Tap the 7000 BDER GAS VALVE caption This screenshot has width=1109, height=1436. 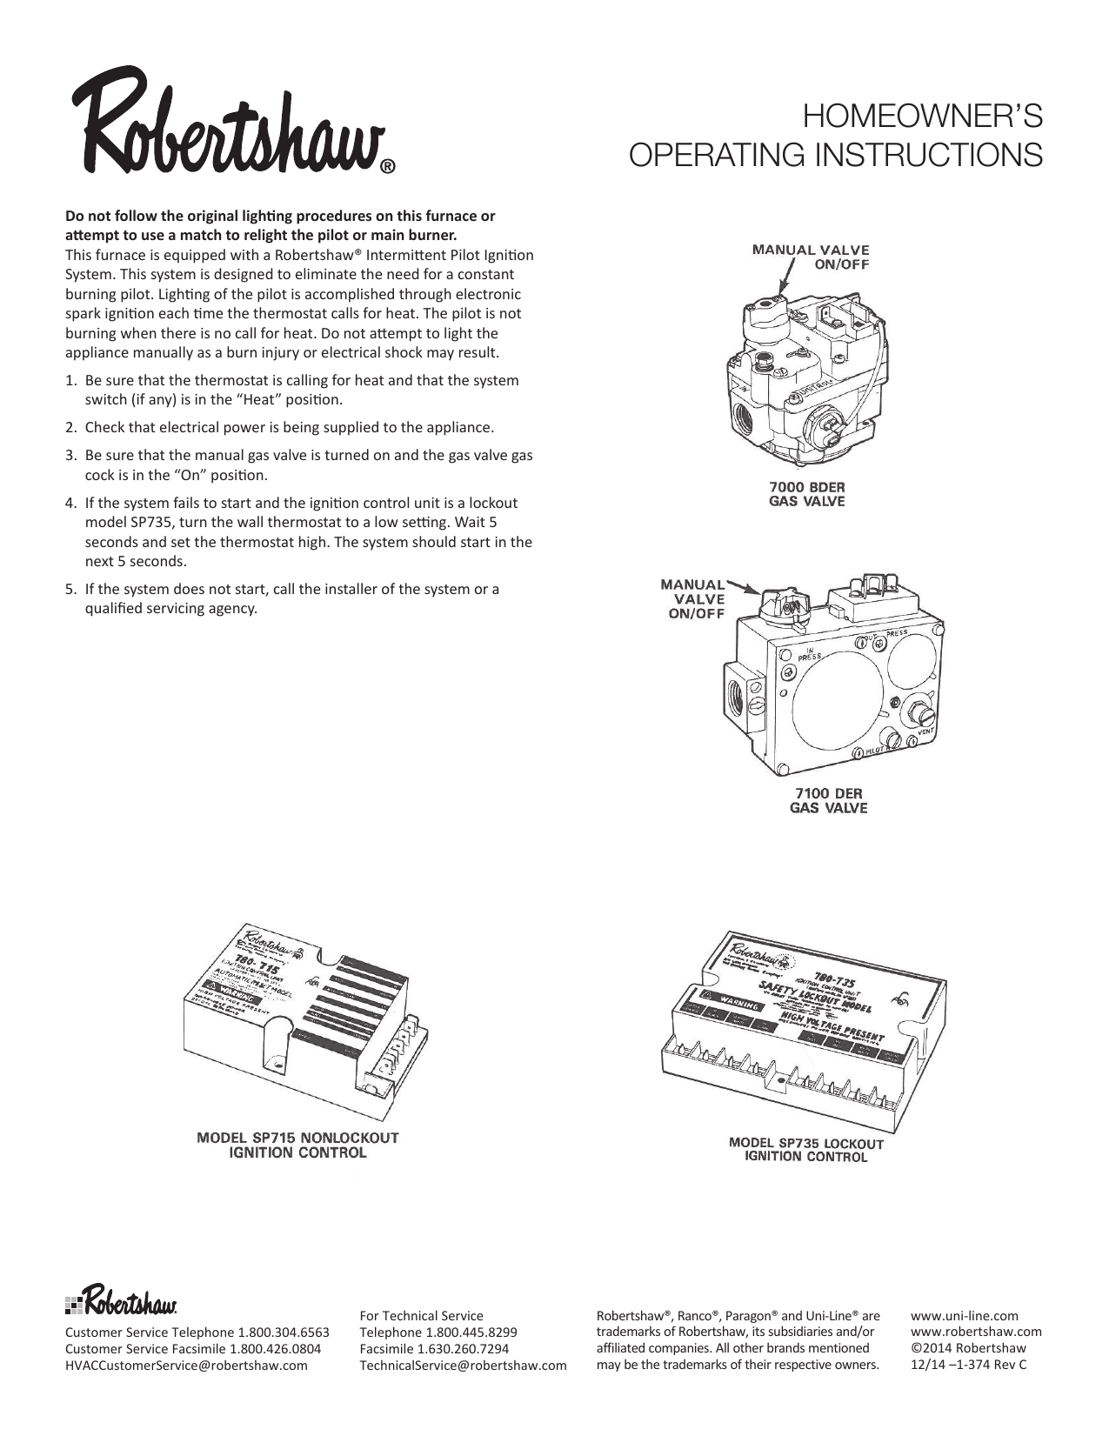(806, 493)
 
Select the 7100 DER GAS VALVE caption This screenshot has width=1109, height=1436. (828, 800)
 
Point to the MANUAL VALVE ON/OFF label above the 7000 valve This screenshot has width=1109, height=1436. (810, 257)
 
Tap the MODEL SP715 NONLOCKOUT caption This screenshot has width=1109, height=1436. (297, 1145)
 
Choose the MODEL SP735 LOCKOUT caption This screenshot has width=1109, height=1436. (805, 1149)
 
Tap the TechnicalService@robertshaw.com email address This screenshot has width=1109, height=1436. (463, 1366)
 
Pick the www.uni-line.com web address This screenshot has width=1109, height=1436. (964, 1315)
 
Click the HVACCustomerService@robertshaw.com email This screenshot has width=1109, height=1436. (186, 1365)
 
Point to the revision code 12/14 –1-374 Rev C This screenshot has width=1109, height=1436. (968, 1364)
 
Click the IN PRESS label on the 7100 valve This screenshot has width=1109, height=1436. (809, 655)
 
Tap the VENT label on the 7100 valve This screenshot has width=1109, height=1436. (925, 731)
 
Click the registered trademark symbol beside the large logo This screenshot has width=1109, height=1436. (389, 167)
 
